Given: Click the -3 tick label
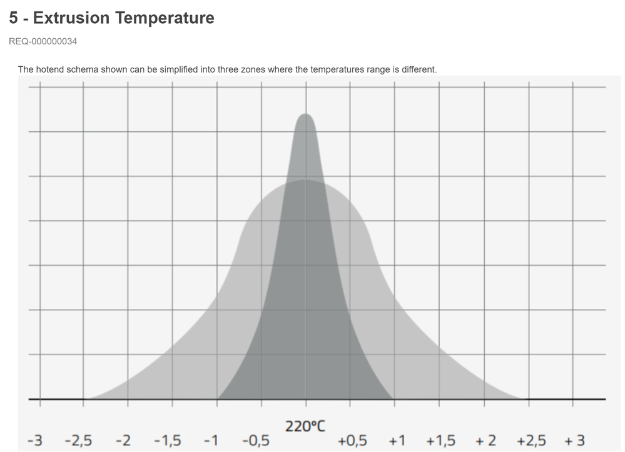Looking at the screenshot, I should (35, 441).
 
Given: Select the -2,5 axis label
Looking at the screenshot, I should (78, 441).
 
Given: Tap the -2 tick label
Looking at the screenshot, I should (123, 441).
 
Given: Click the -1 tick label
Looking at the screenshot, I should (211, 441).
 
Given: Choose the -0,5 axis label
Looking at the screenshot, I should (255, 441).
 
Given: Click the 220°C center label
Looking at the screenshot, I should (305, 426).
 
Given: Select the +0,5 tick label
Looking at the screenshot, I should (352, 441).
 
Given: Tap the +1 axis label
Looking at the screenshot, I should (397, 441).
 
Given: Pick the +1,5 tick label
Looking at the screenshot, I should (441, 441).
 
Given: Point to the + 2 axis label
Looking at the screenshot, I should (485, 441).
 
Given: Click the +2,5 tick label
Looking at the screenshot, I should (531, 441).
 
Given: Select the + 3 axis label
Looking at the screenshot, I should (574, 441).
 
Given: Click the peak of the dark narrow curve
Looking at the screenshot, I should (305, 115).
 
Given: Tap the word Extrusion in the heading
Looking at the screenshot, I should (71, 18).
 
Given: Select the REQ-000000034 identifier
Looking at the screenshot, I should (43, 42).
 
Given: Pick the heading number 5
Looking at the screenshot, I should (13, 18).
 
